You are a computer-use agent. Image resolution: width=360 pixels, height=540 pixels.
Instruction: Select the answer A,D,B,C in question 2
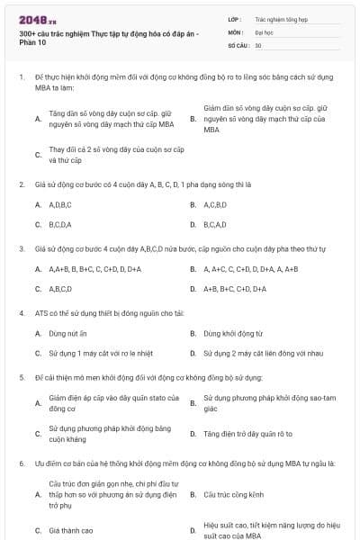(59, 204)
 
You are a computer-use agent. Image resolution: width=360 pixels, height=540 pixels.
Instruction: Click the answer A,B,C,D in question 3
(59, 289)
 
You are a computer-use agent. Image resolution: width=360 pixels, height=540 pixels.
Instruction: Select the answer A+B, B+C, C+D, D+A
(234, 289)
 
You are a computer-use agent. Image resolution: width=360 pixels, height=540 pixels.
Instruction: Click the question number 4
(21, 312)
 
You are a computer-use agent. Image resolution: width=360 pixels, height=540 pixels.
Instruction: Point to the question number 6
(21, 463)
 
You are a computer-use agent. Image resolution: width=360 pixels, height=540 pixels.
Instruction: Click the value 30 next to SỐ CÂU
(258, 43)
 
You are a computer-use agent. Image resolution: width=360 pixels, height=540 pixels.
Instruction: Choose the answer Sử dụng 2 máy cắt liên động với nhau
(262, 354)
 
